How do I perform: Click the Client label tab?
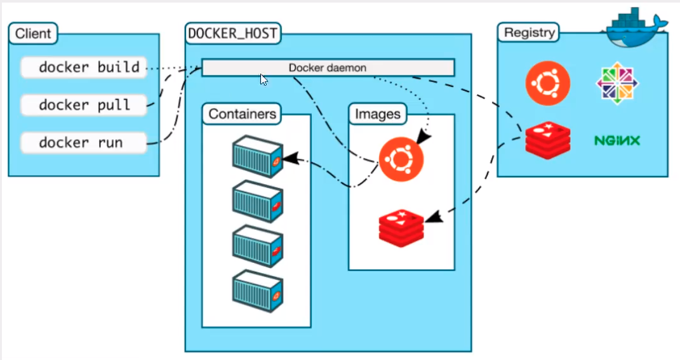point(33,34)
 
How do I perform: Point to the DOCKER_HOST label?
point(233,34)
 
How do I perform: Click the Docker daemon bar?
point(328,67)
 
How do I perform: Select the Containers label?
point(243,114)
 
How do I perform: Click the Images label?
point(378,114)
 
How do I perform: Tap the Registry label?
point(529,32)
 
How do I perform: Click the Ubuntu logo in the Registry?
point(547,83)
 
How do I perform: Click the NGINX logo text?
point(617,140)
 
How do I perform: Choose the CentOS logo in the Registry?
point(617,83)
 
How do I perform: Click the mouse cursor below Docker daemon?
point(263,79)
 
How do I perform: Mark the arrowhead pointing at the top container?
point(290,158)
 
